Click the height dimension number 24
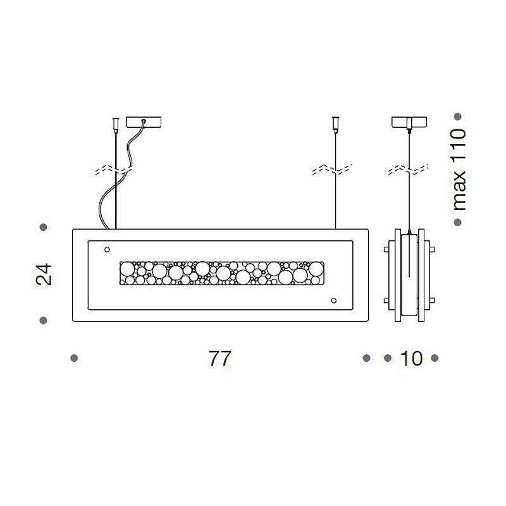44,274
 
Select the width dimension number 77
219,359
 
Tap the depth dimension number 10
411,359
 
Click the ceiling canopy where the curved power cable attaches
144,121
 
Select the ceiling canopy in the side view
409,121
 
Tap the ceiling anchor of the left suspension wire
115,123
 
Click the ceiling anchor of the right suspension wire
335,123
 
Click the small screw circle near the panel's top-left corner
106,249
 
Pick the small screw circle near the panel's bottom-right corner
334,300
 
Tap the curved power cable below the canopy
108,196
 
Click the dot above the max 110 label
459,116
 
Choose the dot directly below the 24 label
44,321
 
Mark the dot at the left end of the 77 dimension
74,358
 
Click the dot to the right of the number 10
435,358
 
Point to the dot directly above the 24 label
44,226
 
